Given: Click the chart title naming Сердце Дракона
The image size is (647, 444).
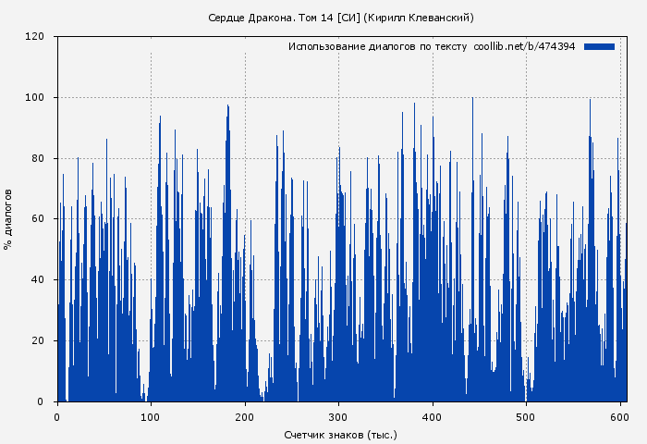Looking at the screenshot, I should click(x=340, y=18).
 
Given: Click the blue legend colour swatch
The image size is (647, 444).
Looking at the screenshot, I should click(x=599, y=46).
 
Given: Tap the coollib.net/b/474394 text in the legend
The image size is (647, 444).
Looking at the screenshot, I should click(x=524, y=46).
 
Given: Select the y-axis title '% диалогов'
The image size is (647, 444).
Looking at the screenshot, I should click(x=8, y=219).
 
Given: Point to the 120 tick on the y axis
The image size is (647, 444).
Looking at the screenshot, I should click(x=36, y=37).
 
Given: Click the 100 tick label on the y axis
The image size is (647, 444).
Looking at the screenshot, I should click(x=36, y=98).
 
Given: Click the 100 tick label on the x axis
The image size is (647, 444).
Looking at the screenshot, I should click(x=151, y=416).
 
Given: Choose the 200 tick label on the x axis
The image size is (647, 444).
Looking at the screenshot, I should click(x=245, y=416).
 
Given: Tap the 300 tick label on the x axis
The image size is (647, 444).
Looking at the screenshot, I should click(x=338, y=416).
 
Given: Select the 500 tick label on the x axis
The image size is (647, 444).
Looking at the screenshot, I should click(x=526, y=416).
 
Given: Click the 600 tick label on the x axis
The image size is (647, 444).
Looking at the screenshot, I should click(x=619, y=416).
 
